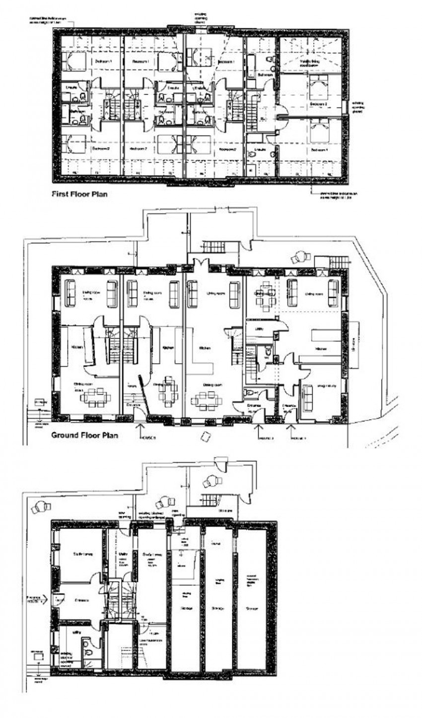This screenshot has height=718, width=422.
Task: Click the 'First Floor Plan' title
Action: [80, 194]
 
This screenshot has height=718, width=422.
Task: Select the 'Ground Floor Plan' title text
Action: [85, 436]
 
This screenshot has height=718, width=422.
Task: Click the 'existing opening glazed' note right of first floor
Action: [359, 107]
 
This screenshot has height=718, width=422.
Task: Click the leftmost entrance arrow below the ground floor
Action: [142, 428]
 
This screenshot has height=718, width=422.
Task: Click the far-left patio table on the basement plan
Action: [39, 507]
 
